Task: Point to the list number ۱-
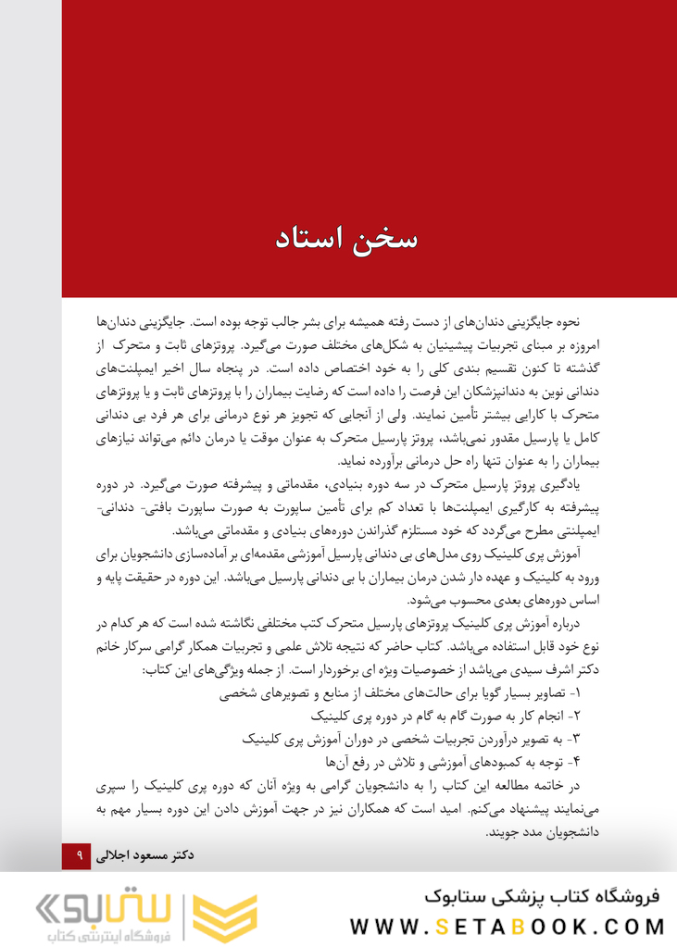pyautogui.click(x=571, y=692)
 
